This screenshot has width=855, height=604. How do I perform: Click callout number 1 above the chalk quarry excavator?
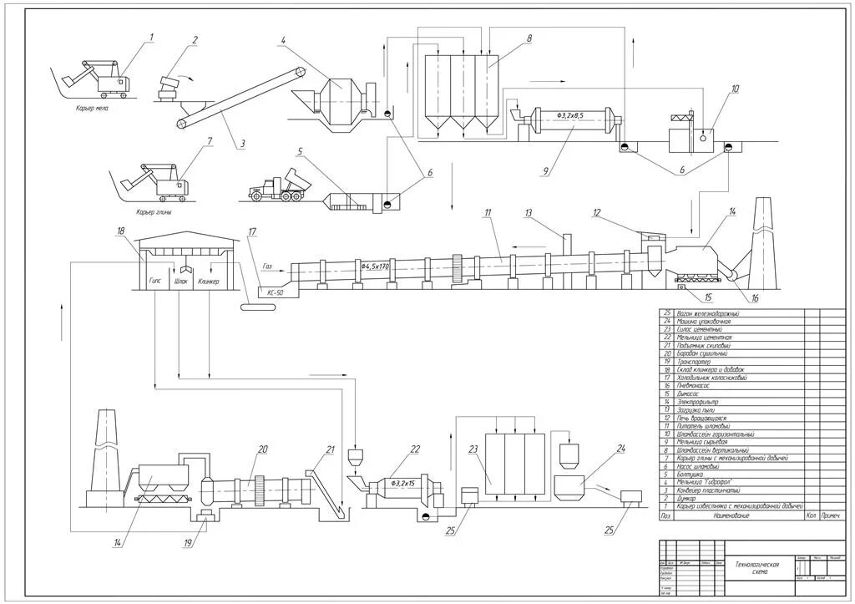pos(152,36)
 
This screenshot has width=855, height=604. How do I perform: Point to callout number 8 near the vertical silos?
pos(529,38)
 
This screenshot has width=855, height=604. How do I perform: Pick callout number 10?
pos(735,89)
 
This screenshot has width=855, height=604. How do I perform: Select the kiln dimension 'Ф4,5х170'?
pos(376,266)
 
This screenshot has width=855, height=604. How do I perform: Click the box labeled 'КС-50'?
pos(275,292)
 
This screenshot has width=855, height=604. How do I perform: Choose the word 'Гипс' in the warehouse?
pos(155,282)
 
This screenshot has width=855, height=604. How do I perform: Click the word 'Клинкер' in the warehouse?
pos(210,282)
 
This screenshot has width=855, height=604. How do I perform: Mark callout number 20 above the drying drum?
pos(263,449)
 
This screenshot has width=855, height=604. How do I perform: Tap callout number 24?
pos(620,449)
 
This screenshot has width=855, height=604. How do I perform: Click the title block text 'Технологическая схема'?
pos(757,568)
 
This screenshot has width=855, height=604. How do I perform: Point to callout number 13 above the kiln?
pos(529,214)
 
